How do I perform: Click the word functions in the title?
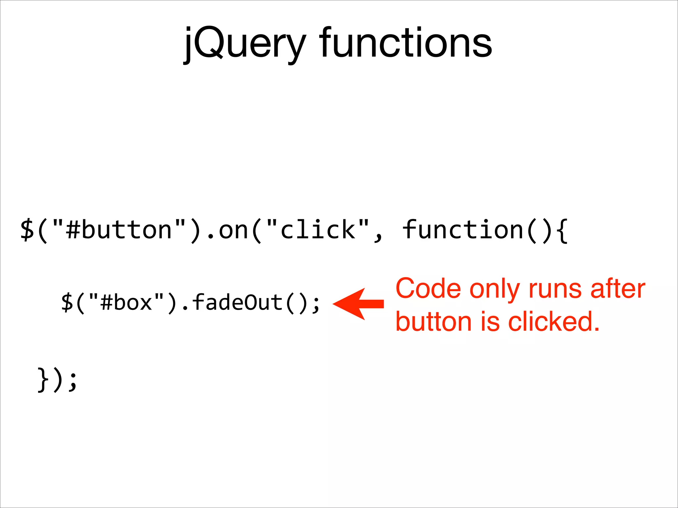click(405, 43)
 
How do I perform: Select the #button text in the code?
click(119, 230)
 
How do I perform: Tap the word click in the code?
click(318, 230)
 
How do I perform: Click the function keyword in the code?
click(463, 230)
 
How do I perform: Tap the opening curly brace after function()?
click(562, 230)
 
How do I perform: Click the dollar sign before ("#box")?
click(67, 302)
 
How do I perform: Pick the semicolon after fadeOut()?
click(316, 304)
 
